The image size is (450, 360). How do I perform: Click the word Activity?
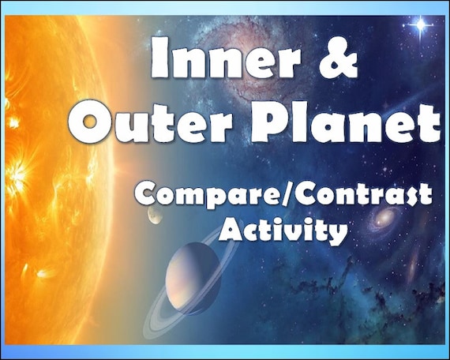[x=283, y=231]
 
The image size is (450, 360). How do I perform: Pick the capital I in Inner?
[x=159, y=60]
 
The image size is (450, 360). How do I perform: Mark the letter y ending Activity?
[x=336, y=234]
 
